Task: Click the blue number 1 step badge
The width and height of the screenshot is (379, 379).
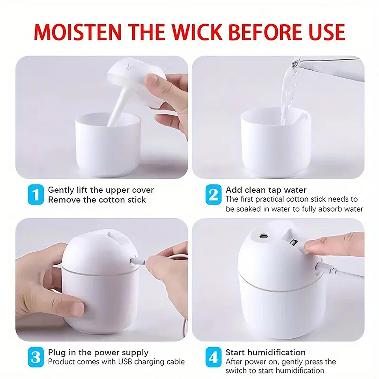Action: point(36,195)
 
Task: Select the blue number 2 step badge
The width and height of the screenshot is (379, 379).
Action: point(213,195)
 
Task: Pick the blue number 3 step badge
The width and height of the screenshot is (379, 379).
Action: point(36,357)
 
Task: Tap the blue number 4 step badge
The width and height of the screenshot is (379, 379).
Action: point(213,357)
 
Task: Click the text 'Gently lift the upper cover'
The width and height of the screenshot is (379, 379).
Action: point(101,190)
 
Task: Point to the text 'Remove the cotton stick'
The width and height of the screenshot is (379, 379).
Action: point(97,200)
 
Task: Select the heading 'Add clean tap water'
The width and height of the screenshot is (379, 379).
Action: point(266,190)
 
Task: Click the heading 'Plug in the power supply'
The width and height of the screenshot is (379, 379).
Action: point(98,352)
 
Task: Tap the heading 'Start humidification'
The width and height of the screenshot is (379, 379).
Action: point(265,352)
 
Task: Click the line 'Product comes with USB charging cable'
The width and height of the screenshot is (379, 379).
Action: point(116,362)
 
